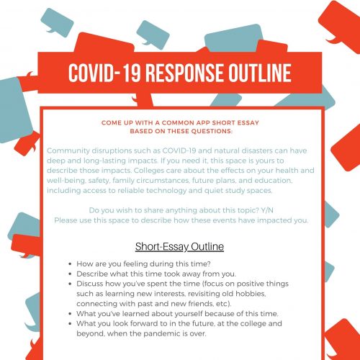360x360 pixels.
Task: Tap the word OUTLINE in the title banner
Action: coord(255,73)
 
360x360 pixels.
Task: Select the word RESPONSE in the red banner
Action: coord(177,73)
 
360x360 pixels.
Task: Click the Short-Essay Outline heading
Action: coord(179,246)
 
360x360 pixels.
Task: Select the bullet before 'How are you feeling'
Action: coord(68,265)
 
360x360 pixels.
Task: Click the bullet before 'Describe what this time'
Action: coord(68,275)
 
